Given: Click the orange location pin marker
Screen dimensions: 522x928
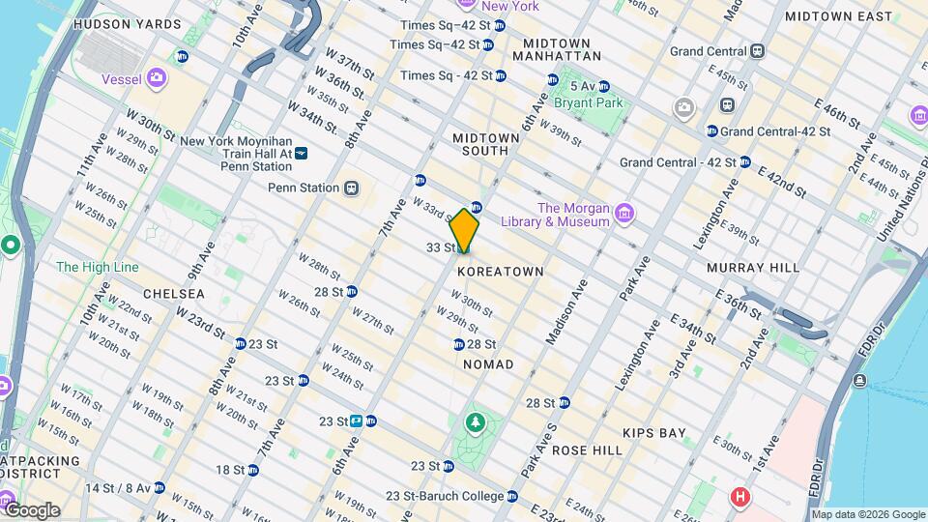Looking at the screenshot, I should (x=465, y=230).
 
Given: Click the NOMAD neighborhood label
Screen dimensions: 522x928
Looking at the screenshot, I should (x=488, y=363).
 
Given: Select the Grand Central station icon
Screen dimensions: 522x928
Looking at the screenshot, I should (x=757, y=50).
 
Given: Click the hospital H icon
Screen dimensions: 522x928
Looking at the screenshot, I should (x=740, y=497).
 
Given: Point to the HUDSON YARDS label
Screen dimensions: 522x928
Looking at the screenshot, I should (x=127, y=23).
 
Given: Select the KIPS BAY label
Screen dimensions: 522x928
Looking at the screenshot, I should (x=653, y=433).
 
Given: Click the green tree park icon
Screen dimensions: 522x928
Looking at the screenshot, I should (x=475, y=421).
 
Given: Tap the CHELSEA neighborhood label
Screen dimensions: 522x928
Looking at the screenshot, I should (x=174, y=293).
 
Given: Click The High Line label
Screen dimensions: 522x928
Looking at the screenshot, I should (x=97, y=267).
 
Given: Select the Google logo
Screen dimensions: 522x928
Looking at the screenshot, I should (x=31, y=509).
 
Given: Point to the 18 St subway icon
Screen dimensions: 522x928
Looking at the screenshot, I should (x=252, y=470).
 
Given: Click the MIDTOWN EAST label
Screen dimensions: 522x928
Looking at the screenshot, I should (x=838, y=16).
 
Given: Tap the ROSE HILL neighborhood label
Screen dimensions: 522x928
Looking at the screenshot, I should (x=587, y=450).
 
